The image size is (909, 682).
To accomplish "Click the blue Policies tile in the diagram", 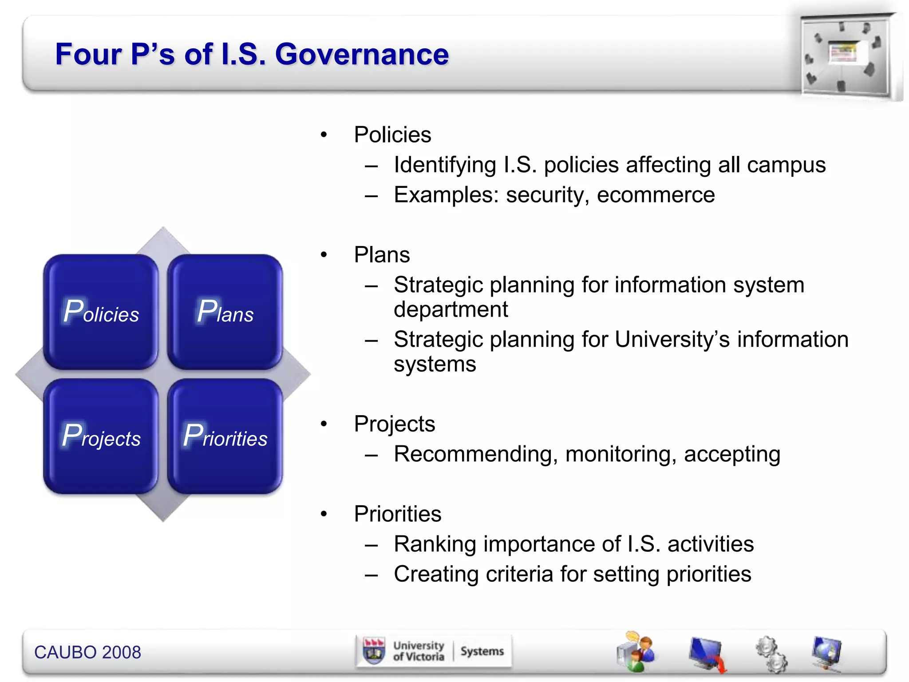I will [x=101, y=312].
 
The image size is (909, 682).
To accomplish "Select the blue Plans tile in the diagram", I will [x=225, y=312].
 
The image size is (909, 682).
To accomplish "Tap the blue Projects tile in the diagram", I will [x=101, y=436].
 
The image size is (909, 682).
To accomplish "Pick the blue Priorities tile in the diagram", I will [x=225, y=436].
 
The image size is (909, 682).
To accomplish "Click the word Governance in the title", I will [x=362, y=54].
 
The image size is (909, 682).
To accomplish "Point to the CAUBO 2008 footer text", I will [x=87, y=652].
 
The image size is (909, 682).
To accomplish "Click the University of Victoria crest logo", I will [x=374, y=651].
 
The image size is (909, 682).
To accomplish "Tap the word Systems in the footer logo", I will [x=482, y=651].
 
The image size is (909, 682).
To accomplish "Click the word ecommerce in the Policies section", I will [x=656, y=195].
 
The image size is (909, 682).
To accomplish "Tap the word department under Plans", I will [x=451, y=309].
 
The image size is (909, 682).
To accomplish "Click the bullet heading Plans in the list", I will [x=382, y=255].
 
